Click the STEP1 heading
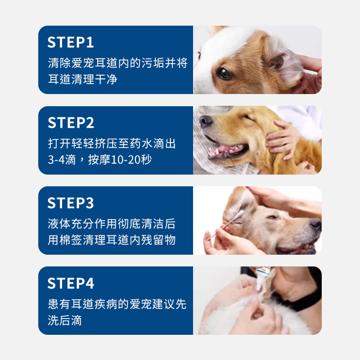coord(71,42)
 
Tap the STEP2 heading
coord(71,122)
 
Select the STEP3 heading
coord(71,203)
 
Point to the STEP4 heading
coord(71,283)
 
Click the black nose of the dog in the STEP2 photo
coord(206,121)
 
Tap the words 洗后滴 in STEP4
coord(65,320)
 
